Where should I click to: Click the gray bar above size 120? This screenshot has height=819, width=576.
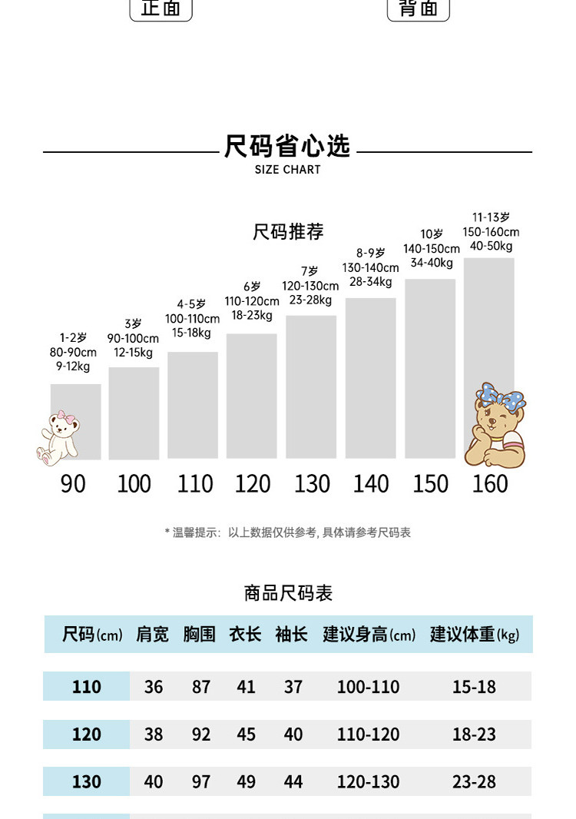(x=251, y=396)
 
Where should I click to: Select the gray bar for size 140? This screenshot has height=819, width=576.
(x=370, y=377)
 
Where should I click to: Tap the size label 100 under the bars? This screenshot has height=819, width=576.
(x=134, y=484)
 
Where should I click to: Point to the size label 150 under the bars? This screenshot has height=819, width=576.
(x=430, y=484)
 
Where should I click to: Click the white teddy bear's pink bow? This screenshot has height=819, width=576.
(x=71, y=419)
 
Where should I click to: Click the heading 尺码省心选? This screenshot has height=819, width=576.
(x=287, y=146)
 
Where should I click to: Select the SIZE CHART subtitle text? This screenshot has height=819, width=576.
(x=287, y=170)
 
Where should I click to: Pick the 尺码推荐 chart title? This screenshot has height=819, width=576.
(x=288, y=231)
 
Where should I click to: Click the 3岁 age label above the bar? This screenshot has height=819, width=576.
(x=133, y=324)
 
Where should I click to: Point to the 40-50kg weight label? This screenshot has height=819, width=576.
(x=491, y=247)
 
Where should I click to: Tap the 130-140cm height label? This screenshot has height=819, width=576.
(x=370, y=267)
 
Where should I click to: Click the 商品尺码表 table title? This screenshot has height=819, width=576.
(x=288, y=593)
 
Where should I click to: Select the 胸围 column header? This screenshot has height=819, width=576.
(x=199, y=635)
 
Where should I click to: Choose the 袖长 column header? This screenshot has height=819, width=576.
(x=291, y=635)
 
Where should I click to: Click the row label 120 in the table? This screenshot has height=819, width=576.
(x=86, y=734)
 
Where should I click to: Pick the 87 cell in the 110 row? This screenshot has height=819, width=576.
(x=201, y=687)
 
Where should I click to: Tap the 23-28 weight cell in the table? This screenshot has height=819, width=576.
(x=474, y=782)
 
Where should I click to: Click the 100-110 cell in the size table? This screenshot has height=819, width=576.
(x=368, y=687)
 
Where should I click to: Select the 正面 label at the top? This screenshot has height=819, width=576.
(x=161, y=8)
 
